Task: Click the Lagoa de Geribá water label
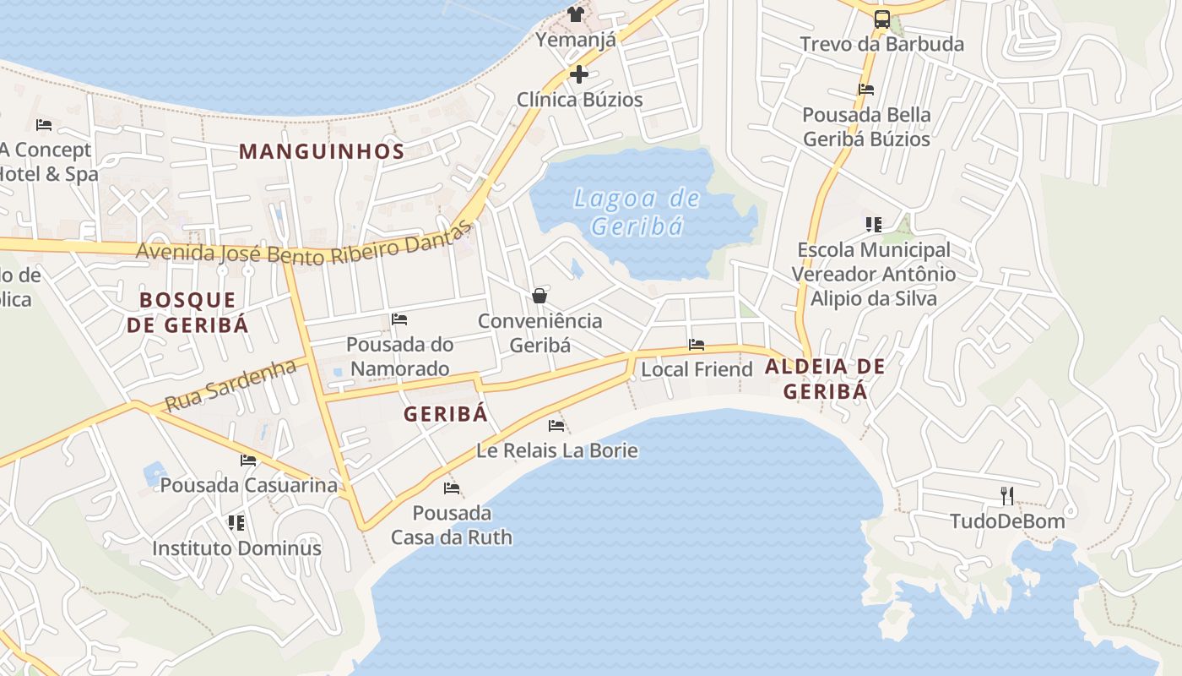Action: (637, 212)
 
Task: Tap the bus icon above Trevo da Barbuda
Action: (881, 19)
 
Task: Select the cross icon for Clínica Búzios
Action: (579, 74)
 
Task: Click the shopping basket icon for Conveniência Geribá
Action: (539, 296)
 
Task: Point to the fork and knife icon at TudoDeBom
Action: (1006, 495)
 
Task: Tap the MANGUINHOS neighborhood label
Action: (322, 151)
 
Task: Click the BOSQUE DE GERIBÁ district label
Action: (188, 312)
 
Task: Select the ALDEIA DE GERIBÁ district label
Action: (825, 379)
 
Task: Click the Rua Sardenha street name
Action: (230, 385)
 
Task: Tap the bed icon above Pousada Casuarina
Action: (248, 461)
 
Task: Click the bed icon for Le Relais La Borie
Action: (556, 425)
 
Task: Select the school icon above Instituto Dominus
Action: (236, 523)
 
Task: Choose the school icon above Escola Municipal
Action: (873, 225)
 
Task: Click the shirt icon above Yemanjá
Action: (576, 14)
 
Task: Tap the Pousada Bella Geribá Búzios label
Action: (866, 127)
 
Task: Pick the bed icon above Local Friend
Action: (697, 345)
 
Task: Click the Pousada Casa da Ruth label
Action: (452, 525)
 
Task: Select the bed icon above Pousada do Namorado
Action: (399, 319)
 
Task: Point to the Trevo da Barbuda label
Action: (881, 44)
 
